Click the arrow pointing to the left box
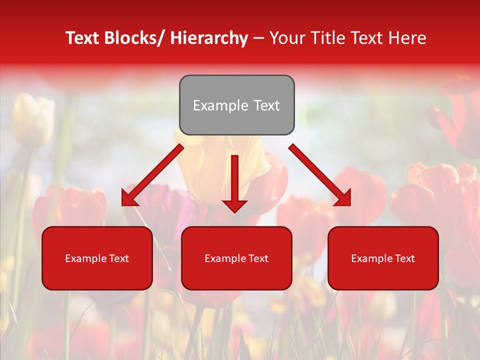[152, 175]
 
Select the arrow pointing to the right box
[320, 175]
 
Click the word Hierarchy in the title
[209, 38]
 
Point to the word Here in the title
[407, 38]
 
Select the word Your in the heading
[286, 38]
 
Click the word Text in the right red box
[404, 258]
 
